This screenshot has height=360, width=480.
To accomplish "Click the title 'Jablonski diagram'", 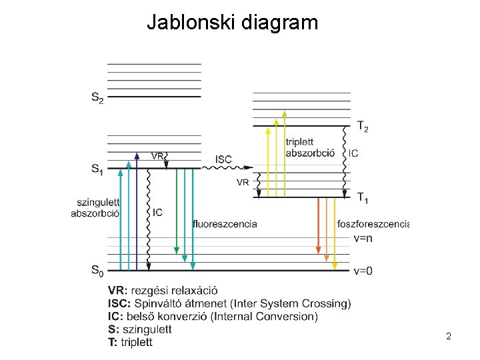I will (x=232, y=23).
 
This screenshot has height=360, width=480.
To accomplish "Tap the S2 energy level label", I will (x=97, y=98).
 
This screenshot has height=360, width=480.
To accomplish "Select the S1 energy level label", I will (x=97, y=169).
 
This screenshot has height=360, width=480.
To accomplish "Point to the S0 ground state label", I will (x=97, y=271).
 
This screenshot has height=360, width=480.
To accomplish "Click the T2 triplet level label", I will (x=363, y=126).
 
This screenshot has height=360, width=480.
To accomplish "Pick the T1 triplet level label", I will (x=363, y=198).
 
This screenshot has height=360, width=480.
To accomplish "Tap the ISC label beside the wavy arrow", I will (x=223, y=159).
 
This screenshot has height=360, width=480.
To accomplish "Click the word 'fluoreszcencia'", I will (x=225, y=224).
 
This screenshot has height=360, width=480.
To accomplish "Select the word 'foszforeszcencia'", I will (x=373, y=224).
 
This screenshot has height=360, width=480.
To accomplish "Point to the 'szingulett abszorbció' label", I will (x=95, y=208).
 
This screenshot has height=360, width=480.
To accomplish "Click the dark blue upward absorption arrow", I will (x=136, y=213).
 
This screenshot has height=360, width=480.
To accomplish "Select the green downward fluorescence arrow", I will (x=177, y=213).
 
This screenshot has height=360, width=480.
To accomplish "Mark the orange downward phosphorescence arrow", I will (x=318, y=227).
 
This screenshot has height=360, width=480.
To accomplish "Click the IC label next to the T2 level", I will (x=353, y=153).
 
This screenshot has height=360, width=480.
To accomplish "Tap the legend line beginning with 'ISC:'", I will (x=229, y=303).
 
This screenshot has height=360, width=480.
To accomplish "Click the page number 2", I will (x=449, y=337).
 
